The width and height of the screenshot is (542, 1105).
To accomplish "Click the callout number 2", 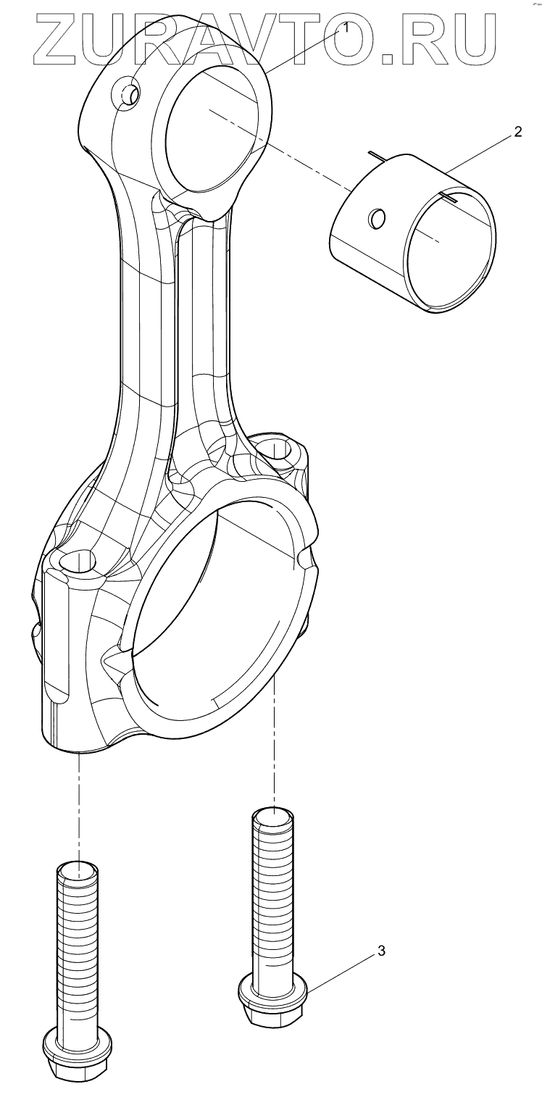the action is (x=517, y=132).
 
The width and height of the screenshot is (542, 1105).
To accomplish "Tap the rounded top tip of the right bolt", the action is (x=273, y=817).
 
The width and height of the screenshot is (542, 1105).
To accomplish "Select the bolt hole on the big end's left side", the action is (x=75, y=562).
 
